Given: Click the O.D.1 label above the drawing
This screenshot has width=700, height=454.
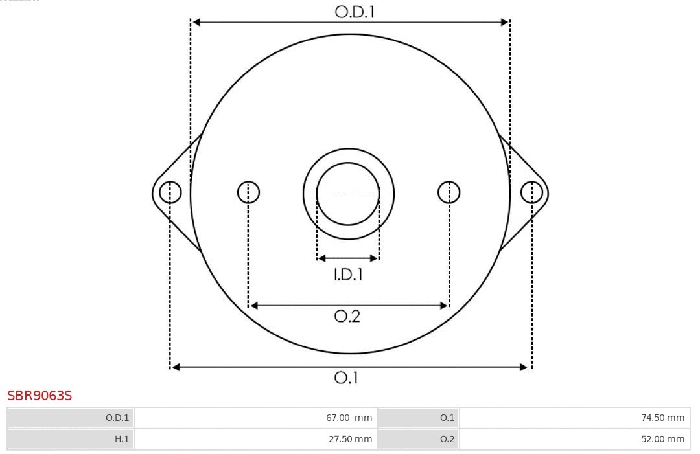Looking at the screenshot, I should click(355, 12).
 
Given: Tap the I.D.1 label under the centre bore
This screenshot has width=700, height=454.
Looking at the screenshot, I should click(348, 275).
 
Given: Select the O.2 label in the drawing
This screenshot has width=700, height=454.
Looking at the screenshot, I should click(347, 316).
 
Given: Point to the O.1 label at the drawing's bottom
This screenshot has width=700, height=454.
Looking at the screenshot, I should click(346, 378).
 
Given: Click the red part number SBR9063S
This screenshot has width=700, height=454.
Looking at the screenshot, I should click(40, 396).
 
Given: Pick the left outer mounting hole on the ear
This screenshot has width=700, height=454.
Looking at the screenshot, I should click(170, 192).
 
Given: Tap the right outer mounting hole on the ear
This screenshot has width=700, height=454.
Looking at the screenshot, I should click(531, 192).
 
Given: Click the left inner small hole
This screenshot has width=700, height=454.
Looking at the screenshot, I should click(248, 192).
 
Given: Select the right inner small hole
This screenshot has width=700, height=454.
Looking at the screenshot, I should click(449, 192).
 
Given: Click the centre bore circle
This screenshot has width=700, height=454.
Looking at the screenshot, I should click(348, 194).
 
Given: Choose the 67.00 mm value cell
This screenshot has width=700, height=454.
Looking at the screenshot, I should click(256, 418).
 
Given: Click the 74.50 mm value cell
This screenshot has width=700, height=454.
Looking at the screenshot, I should click(575, 418).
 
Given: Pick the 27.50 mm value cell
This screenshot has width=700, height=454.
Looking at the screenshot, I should click(256, 439).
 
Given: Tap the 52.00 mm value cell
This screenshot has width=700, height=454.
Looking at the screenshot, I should click(575, 439).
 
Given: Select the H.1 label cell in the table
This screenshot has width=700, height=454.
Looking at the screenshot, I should click(71, 439).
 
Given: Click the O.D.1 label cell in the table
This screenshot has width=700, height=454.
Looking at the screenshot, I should click(71, 418).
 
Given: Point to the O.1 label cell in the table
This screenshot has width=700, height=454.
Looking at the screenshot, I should click(418, 418).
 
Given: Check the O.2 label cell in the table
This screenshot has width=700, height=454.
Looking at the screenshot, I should click(418, 439).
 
